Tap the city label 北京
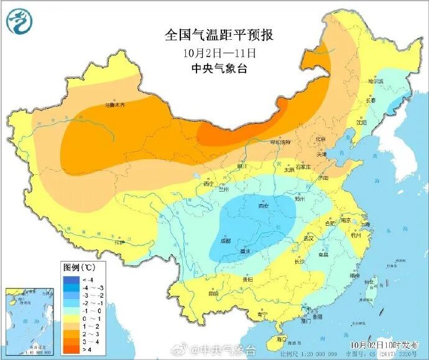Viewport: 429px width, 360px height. (321, 139)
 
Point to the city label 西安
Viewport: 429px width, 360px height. (264, 206)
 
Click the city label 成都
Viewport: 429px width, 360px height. (225, 239)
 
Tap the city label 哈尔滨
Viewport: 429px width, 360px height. (376, 81)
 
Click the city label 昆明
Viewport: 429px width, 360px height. (213, 292)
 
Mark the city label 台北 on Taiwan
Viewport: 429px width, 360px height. (369, 282)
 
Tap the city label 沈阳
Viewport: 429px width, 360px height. (361, 123)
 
